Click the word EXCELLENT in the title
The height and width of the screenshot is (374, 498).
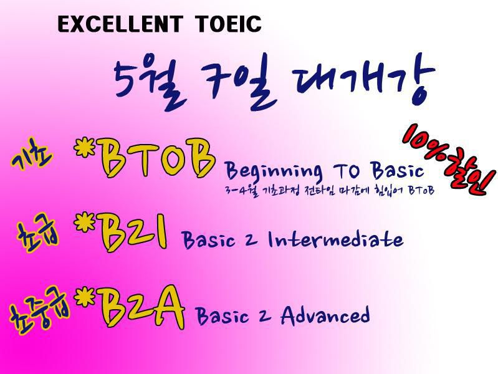click(x=120, y=24)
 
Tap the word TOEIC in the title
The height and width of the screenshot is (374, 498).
click(x=228, y=24)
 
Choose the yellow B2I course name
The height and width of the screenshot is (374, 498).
click(x=134, y=232)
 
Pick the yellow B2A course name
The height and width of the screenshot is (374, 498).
click(x=141, y=307)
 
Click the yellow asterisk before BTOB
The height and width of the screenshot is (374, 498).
click(x=85, y=148)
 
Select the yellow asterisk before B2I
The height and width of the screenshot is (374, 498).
click(x=85, y=223)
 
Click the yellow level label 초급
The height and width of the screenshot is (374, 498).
click(x=38, y=234)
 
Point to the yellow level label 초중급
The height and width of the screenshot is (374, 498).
click(x=39, y=314)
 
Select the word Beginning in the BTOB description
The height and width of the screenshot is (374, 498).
click(x=274, y=171)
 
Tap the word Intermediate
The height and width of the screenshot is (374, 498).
click(x=336, y=239)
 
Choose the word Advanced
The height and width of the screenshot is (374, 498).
click(x=325, y=315)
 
